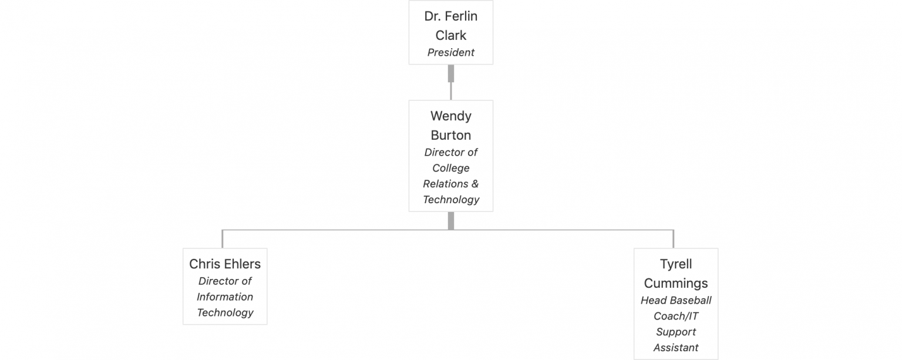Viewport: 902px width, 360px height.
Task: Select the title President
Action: pos(450,52)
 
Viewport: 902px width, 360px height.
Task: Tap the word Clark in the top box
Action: pos(450,35)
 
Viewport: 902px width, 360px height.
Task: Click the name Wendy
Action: pos(450,116)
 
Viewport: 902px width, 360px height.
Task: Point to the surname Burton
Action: pos(450,135)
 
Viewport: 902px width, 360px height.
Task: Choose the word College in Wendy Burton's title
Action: pos(450,169)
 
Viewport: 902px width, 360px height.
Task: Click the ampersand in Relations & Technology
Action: pos(474,184)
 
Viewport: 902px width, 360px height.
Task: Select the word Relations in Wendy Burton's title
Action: pos(445,184)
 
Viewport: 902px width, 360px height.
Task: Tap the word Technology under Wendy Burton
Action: pos(451,200)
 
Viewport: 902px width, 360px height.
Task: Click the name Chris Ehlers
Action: pos(225,264)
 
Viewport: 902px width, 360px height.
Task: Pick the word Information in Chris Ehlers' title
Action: pos(225,297)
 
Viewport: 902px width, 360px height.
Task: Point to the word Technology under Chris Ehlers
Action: pos(225,313)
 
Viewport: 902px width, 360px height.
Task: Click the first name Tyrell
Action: pos(676,264)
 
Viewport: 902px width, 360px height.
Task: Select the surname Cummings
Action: pos(676,284)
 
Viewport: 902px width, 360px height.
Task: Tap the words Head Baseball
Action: pos(676,301)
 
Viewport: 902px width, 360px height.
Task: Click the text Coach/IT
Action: pos(676,316)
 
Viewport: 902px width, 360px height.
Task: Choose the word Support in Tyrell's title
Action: pos(676,332)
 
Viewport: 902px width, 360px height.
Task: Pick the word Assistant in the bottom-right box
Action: pos(676,348)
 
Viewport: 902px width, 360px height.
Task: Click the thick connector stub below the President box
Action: pos(451,73)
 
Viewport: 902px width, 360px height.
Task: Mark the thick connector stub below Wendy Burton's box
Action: pos(451,221)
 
